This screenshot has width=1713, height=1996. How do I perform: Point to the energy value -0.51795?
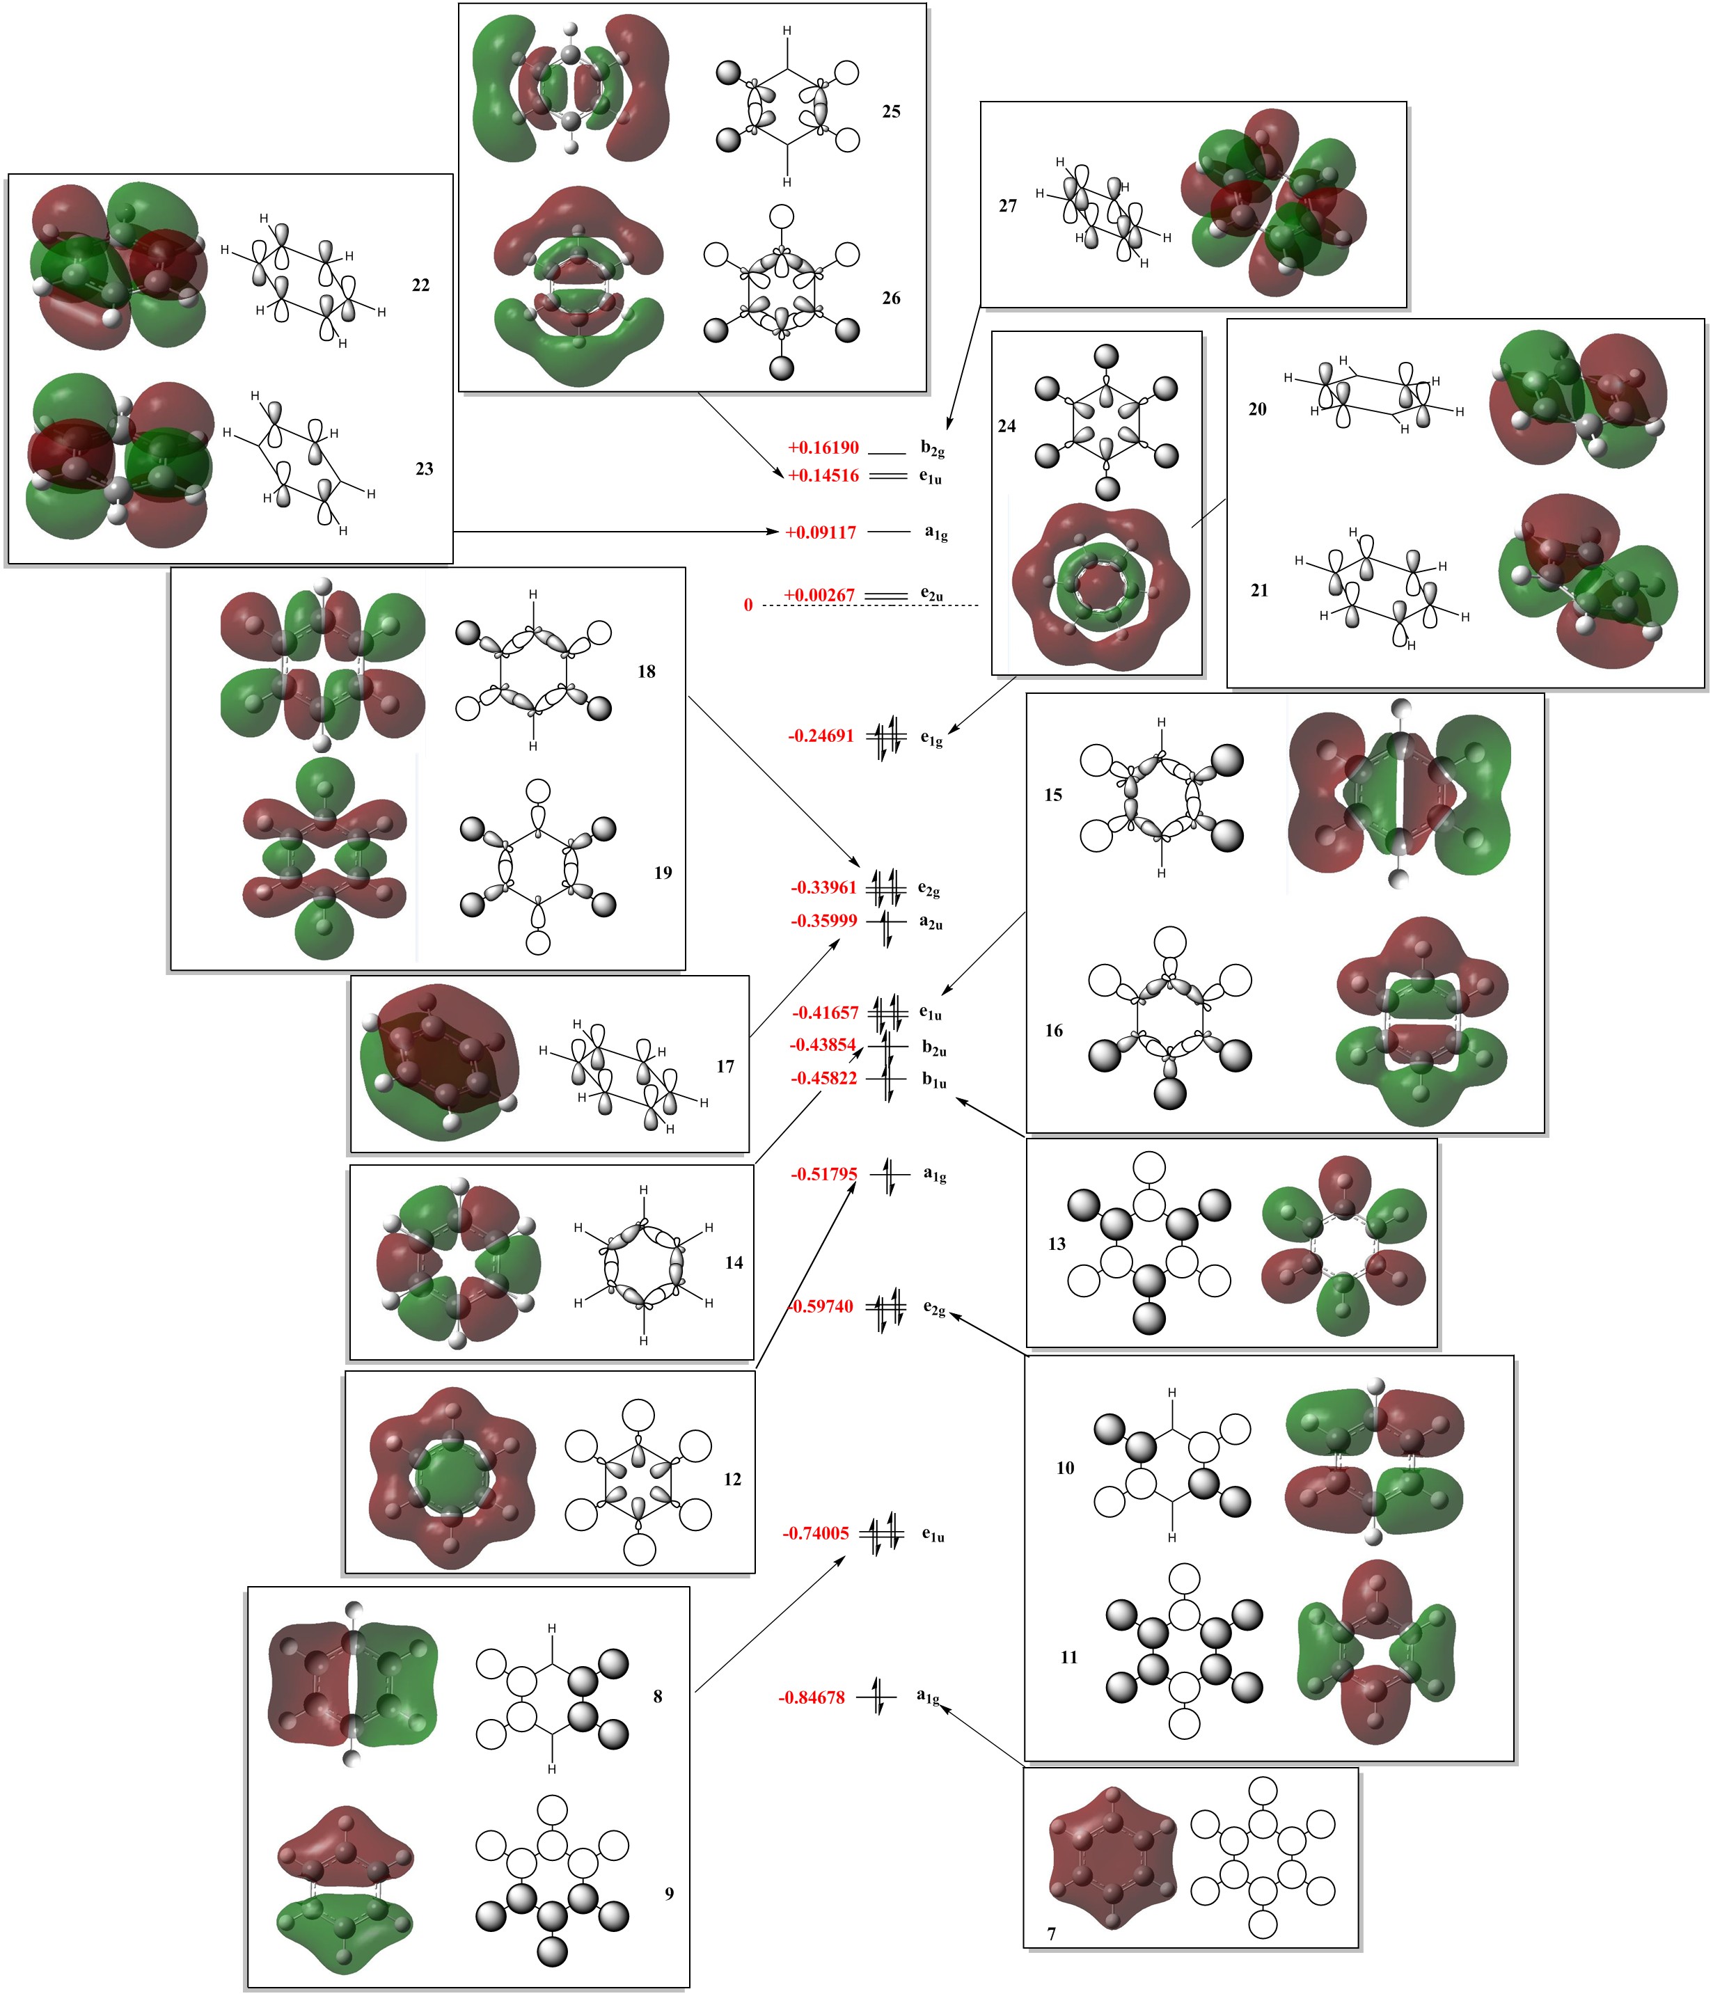tap(823, 1174)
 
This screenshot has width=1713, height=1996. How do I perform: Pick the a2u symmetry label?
tap(931, 922)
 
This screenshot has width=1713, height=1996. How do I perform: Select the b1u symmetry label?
tap(933, 1081)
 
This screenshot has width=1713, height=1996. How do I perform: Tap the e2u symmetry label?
tap(931, 595)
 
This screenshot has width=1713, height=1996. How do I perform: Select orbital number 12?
tap(732, 1479)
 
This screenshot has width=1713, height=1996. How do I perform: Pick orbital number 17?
tap(725, 1066)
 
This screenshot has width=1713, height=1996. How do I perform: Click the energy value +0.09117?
tap(821, 532)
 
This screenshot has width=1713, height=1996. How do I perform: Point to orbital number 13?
tap(1057, 1244)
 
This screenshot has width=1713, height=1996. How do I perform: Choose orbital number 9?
tap(670, 1894)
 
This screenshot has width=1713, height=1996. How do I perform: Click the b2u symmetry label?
tap(933, 1047)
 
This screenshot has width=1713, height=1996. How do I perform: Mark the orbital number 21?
tap(1259, 590)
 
